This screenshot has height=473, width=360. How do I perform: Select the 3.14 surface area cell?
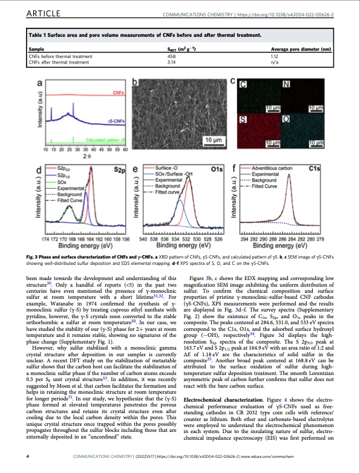tap(172, 61)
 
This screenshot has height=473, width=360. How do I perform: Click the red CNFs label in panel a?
tap(119, 93)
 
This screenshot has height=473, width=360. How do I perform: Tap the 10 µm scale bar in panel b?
tap(211, 141)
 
